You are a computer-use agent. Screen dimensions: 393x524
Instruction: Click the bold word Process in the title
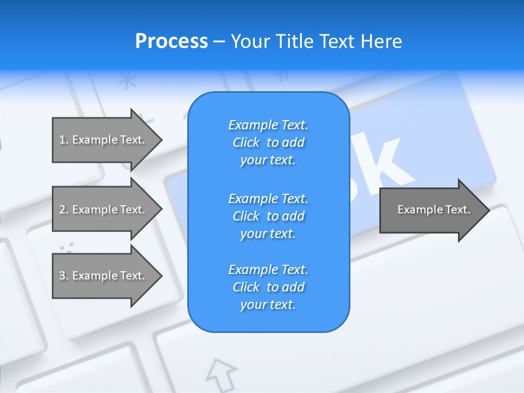171,41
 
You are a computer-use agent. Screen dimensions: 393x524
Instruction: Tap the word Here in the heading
381,41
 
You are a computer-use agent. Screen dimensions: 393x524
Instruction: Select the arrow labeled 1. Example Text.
104,140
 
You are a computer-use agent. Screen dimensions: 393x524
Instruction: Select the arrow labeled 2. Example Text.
104,210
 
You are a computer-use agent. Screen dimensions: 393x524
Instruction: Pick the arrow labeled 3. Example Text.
104,276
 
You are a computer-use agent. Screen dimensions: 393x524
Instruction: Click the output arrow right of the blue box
431,210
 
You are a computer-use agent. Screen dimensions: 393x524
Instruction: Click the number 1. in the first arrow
63,140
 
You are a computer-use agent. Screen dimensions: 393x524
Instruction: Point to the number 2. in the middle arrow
63,210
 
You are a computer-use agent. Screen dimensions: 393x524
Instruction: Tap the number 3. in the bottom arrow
63,276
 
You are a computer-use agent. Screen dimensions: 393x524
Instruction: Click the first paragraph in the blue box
268,142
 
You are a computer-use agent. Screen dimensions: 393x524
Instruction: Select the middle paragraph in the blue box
268,216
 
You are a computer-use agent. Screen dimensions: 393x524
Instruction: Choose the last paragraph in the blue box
268,287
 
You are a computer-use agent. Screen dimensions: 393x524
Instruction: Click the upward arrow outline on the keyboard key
221,372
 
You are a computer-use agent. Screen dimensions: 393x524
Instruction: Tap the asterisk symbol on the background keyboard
127,81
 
